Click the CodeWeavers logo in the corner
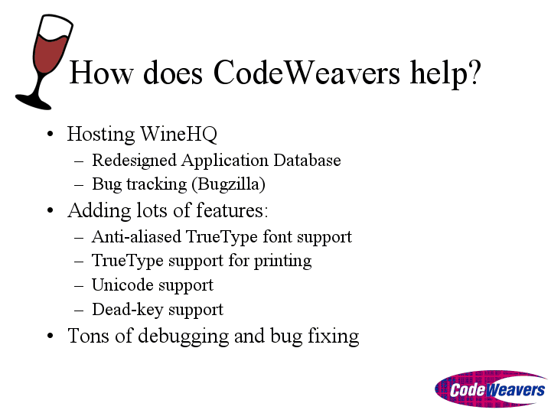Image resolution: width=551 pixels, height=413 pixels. click(x=491, y=389)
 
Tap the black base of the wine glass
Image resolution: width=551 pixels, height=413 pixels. click(x=34, y=102)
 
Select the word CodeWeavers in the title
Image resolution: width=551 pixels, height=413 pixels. click(x=306, y=73)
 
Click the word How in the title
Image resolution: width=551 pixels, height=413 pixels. click(x=101, y=73)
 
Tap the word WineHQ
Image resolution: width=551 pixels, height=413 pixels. click(x=178, y=134)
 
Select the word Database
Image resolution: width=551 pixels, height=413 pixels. click(x=307, y=160)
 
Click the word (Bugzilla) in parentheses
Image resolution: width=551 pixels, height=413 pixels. click(x=231, y=184)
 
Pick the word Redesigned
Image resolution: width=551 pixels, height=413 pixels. click(x=134, y=161)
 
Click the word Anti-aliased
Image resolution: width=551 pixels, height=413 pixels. click(x=136, y=236)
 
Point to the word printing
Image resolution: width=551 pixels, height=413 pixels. click(x=283, y=262)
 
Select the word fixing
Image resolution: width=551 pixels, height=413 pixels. click(x=334, y=337)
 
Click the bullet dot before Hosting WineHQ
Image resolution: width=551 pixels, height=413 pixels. click(x=50, y=134)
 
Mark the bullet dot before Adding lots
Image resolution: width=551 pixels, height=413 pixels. click(x=50, y=211)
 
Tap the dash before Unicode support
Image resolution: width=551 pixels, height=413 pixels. click(x=79, y=285)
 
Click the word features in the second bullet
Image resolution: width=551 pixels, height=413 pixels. click(x=230, y=211)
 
